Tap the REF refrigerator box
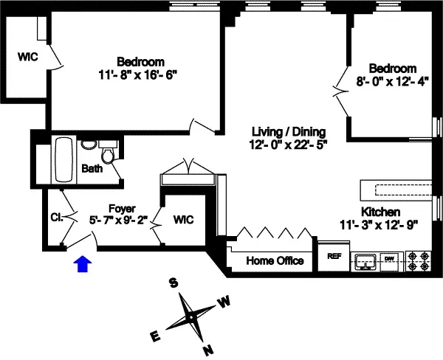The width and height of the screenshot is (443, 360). [x=334, y=257]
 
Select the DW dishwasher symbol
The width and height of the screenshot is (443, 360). [x=389, y=259]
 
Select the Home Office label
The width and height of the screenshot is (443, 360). [x=275, y=261]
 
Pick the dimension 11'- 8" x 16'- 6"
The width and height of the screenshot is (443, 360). [x=140, y=75]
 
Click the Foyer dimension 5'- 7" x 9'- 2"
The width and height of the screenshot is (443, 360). [x=118, y=220]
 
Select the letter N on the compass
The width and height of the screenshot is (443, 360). [x=208, y=350]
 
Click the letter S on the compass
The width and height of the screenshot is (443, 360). [x=174, y=283]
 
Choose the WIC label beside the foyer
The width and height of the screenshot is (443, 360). [x=184, y=220]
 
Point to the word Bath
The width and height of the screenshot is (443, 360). [x=92, y=169]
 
